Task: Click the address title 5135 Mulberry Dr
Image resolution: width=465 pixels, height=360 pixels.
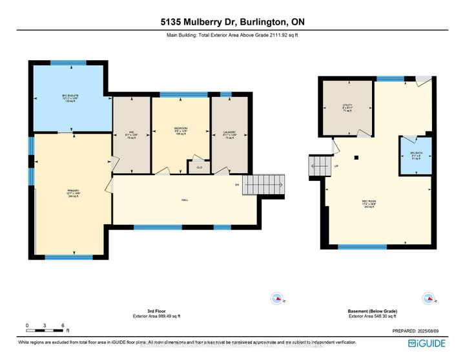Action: point(232,21)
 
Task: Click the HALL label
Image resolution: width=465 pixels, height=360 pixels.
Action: point(184,200)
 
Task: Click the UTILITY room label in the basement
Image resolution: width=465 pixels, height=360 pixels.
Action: point(347,107)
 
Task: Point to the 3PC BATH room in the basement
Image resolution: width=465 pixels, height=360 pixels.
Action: point(415,156)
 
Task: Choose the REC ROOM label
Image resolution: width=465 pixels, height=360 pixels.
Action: point(369,204)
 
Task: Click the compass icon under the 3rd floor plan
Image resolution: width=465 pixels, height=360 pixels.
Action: point(278,299)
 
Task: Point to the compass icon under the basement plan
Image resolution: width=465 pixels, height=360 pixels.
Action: point(427,299)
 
